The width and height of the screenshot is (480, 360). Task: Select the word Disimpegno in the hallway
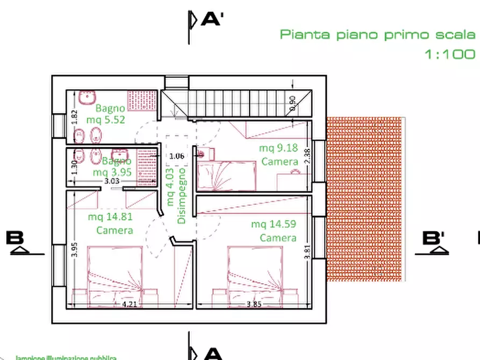click(x=182, y=196)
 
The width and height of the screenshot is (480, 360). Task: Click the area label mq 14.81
click(x=110, y=217)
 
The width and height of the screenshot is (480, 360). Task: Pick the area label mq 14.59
click(x=274, y=224)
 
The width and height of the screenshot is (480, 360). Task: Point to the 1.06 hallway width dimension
click(x=177, y=156)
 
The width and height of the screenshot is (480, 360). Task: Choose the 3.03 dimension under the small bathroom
click(x=112, y=181)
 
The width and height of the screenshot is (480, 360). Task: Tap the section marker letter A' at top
click(x=212, y=20)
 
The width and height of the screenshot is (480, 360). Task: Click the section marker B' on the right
click(x=435, y=238)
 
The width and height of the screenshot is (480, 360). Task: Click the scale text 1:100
click(x=450, y=54)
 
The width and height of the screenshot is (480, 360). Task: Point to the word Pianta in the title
click(x=305, y=35)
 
